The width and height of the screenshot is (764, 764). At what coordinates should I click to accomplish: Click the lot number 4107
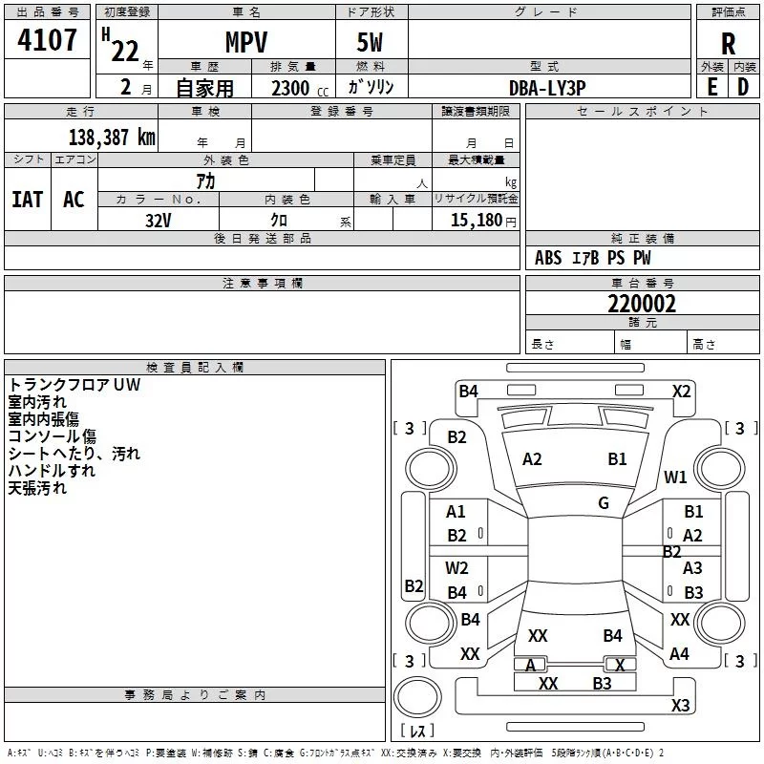pos(47,39)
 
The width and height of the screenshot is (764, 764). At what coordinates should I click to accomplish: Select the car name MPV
pos(245,42)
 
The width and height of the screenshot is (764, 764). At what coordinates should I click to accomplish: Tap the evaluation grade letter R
pos(728,43)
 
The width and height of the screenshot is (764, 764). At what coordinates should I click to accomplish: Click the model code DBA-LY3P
pos(547,87)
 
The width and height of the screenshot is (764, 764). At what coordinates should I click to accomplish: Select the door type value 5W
pos(371,42)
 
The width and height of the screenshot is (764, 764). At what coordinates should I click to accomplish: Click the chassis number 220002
pos(642,304)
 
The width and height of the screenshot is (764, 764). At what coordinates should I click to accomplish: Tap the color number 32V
pos(158,221)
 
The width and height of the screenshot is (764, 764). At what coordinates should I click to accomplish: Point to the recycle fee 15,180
pos(475,221)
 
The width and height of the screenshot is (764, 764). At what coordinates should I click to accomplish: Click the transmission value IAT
pos(27,200)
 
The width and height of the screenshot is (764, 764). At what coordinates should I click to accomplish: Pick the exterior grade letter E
pos(711,87)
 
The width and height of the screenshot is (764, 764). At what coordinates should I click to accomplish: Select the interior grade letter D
pos(743,87)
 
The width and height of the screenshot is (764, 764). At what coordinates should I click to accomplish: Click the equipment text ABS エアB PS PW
pos(592,258)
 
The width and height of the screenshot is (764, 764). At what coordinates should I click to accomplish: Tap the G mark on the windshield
pos(604,503)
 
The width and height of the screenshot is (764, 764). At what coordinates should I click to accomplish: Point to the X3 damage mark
pos(680,706)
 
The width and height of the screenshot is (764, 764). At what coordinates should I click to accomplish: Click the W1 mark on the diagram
pos(675,477)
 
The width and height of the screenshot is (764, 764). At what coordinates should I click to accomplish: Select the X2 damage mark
pos(681,391)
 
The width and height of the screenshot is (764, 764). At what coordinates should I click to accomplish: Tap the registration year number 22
pos(124,51)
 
